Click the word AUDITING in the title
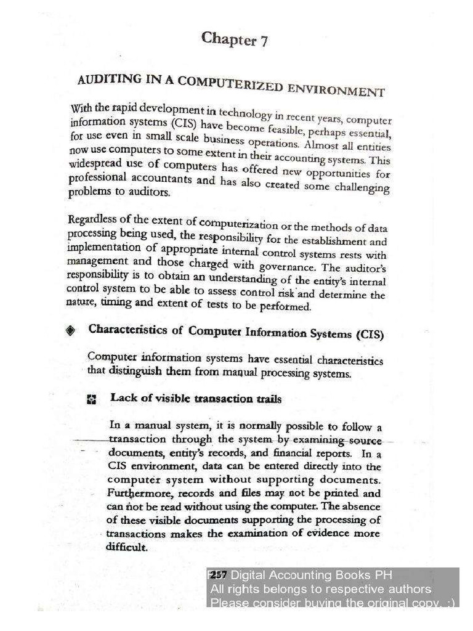pyautogui.click(x=105, y=80)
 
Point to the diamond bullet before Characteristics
pyautogui.click(x=71, y=331)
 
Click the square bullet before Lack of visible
pyautogui.click(x=92, y=399)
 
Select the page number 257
pyautogui.click(x=219, y=574)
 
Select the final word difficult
pyautogui.click(x=127, y=547)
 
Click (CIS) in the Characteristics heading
pyautogui.click(x=369, y=335)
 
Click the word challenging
pyautogui.click(x=362, y=189)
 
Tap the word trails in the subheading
pyautogui.click(x=269, y=399)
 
